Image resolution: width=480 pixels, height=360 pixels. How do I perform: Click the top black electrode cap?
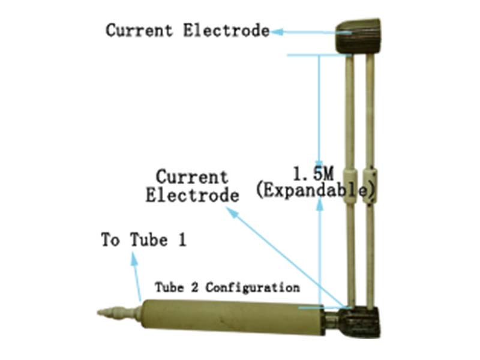(x=358, y=36)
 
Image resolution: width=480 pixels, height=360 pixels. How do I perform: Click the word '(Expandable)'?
(x=315, y=191)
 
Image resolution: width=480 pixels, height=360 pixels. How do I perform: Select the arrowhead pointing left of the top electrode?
(x=277, y=31)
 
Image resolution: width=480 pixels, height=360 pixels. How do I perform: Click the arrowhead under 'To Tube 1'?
(x=134, y=256)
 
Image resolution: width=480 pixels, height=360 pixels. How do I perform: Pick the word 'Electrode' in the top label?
(x=227, y=30)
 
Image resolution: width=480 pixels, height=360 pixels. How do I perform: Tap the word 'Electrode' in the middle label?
(x=192, y=195)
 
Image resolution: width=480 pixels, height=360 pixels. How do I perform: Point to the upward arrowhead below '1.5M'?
(x=320, y=204)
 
